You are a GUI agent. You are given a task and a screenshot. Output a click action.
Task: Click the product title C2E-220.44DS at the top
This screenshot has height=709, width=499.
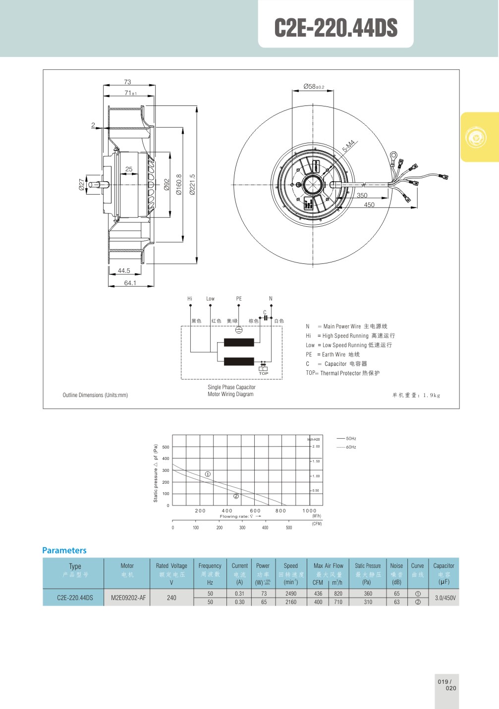coord(336,28)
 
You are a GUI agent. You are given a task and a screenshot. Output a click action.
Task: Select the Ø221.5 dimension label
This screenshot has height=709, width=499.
coord(192,185)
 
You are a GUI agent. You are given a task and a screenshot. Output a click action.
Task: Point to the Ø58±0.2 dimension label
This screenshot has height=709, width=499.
coord(314,87)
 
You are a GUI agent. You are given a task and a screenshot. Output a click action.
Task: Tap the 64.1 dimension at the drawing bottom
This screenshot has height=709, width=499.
coord(130,283)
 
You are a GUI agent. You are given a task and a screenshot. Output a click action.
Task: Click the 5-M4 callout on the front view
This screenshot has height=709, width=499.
coord(349,146)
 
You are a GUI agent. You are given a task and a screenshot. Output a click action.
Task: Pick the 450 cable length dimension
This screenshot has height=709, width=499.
coord(369,205)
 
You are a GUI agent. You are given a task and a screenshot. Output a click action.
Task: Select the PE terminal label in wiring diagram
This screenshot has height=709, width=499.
coord(239,299)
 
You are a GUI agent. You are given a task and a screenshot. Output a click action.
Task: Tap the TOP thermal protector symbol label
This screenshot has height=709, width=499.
coord(264,374)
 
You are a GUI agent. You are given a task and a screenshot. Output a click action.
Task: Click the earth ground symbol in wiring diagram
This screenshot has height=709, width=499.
coord(238,330)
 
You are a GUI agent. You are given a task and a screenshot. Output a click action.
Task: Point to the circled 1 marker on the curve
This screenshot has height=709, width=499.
coord(208,474)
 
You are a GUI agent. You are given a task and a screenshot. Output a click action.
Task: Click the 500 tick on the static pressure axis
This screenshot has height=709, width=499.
coord(166,447)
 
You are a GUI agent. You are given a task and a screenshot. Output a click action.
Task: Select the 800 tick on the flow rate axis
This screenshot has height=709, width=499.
coord(280,511)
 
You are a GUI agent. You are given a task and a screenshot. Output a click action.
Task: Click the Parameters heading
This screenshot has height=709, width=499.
coord(64,550)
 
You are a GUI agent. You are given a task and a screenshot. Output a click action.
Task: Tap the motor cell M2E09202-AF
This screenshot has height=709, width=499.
coord(128,598)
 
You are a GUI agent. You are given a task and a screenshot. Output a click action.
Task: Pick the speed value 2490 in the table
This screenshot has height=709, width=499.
coord(291,594)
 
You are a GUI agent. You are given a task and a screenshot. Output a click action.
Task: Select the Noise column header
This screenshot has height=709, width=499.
coord(396,566)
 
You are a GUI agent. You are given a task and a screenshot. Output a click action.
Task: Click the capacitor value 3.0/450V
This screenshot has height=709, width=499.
coord(445,598)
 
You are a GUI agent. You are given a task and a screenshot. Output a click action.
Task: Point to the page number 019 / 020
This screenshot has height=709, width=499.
coord(446,685)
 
